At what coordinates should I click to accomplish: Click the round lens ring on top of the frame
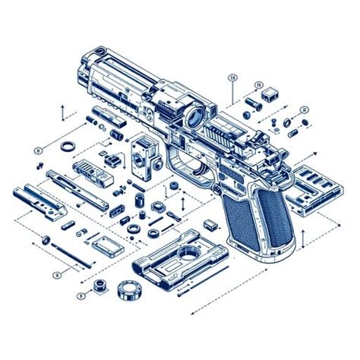click(x=193, y=118)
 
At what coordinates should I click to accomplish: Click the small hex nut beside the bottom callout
click(x=98, y=286)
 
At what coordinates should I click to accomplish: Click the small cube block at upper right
click(x=269, y=96)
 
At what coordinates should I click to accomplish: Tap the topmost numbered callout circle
click(x=232, y=77)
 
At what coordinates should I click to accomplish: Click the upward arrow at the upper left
click(x=62, y=112)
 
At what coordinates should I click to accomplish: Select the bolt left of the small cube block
click(x=250, y=99)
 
